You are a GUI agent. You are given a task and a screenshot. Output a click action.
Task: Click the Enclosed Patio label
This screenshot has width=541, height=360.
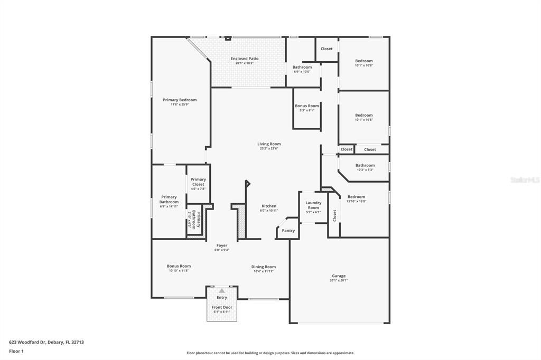[x=245, y=59]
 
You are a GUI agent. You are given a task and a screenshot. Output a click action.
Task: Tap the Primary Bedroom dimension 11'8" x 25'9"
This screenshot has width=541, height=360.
[x=180, y=105]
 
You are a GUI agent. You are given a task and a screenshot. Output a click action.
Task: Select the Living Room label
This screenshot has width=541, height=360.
[x=269, y=144]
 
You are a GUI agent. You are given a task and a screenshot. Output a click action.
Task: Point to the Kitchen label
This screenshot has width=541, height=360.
[x=269, y=206]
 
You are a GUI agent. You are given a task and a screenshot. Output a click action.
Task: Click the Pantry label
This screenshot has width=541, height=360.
[x=288, y=231]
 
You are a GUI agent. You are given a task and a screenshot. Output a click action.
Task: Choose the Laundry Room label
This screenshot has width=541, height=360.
[x=313, y=205]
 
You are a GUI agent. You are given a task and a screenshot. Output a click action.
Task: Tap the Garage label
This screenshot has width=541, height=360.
[x=339, y=276]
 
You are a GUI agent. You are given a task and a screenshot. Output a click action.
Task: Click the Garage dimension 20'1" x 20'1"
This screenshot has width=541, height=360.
[x=339, y=281]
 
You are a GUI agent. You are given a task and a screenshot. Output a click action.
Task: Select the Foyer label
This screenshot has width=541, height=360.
[x=222, y=245]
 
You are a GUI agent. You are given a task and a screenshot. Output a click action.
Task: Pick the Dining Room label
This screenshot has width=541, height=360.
[x=264, y=267]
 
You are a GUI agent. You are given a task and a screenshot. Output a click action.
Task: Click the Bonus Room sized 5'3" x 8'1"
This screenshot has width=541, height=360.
[x=307, y=106]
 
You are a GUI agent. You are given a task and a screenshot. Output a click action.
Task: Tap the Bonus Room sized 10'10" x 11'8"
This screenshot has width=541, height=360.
[x=179, y=266]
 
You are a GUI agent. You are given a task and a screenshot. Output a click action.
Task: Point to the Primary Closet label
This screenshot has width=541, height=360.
[x=198, y=182]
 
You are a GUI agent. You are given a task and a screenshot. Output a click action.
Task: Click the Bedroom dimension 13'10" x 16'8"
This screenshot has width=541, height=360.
[x=356, y=201]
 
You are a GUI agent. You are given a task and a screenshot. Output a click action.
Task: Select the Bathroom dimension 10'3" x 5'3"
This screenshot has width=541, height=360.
[x=365, y=170]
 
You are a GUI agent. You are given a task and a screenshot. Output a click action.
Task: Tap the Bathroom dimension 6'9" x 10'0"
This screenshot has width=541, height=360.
[x=302, y=72]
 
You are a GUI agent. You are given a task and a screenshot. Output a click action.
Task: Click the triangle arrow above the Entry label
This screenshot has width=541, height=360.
[x=222, y=291]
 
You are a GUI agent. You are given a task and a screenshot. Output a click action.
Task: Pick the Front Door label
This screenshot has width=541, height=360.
[x=222, y=307]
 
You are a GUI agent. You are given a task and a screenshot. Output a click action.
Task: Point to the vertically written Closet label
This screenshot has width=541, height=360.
[x=334, y=215]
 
